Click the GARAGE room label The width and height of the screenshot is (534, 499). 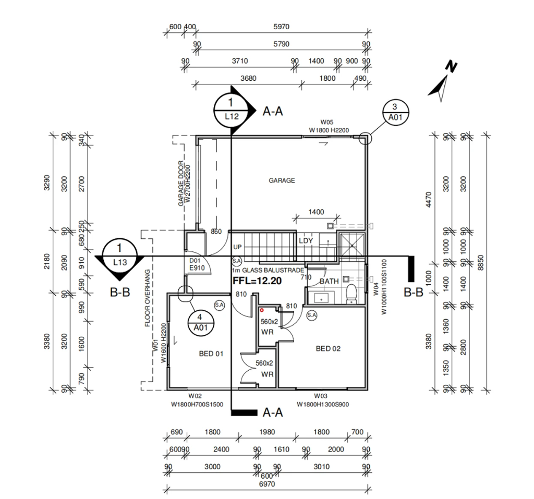282,180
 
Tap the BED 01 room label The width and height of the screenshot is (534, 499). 211,354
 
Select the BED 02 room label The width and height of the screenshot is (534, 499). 328,348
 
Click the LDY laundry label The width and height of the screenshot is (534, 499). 305,241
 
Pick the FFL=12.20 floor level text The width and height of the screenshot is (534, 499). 257,280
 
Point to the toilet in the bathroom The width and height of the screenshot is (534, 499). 352,293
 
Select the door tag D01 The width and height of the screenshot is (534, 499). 195,260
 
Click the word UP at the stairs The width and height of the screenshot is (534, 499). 237,247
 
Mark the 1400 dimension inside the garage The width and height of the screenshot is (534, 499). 315,212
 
